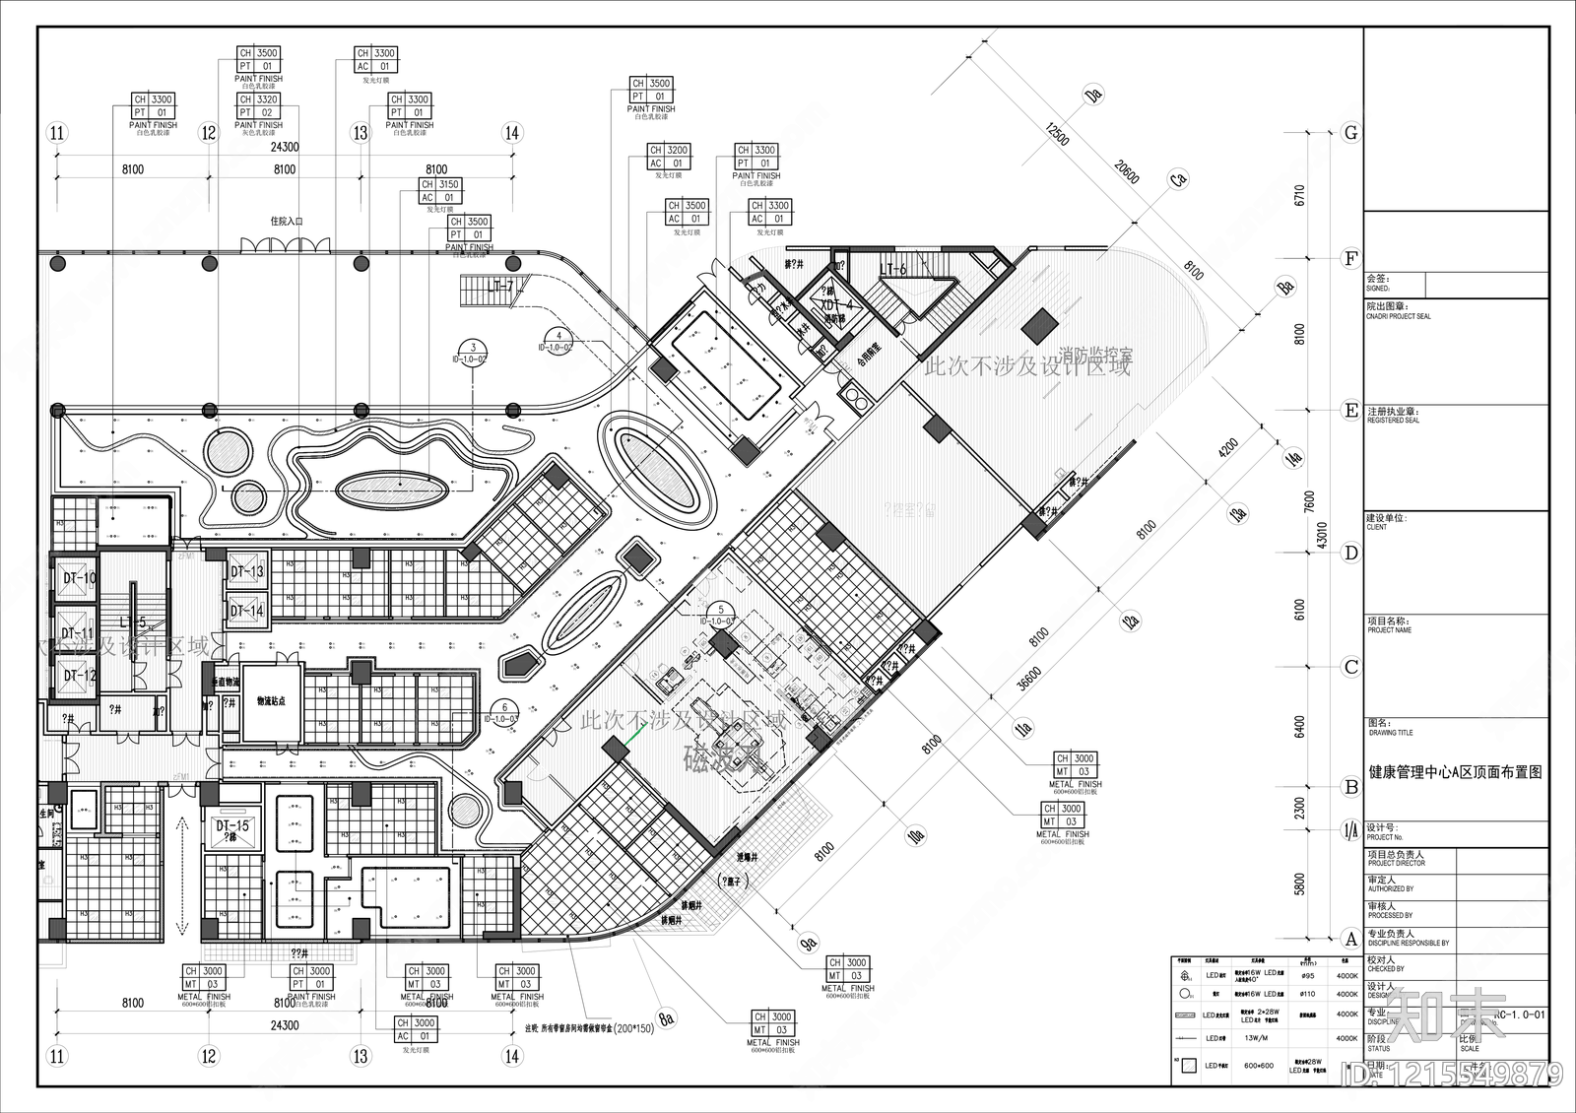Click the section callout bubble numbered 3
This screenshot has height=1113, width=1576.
pyautogui.click(x=473, y=349)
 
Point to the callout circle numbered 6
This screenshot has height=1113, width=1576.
pyautogui.click(x=504, y=708)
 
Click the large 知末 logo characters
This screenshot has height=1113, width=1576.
pyautogui.click(x=1446, y=1015)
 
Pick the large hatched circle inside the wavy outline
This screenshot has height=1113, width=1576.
pyautogui.click(x=228, y=452)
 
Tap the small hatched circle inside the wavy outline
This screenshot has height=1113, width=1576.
pyautogui.click(x=248, y=498)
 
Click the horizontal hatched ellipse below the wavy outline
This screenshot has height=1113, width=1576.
pyautogui.click(x=391, y=490)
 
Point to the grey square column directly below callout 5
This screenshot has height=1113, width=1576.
pyautogui.click(x=724, y=645)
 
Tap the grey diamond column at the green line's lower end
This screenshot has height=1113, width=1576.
pyautogui.click(x=616, y=751)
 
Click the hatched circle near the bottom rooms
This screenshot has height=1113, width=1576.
pyautogui.click(x=466, y=811)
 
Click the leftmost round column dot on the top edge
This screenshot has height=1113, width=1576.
pyautogui.click(x=58, y=264)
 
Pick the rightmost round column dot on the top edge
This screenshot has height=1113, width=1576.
pyautogui.click(x=513, y=263)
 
